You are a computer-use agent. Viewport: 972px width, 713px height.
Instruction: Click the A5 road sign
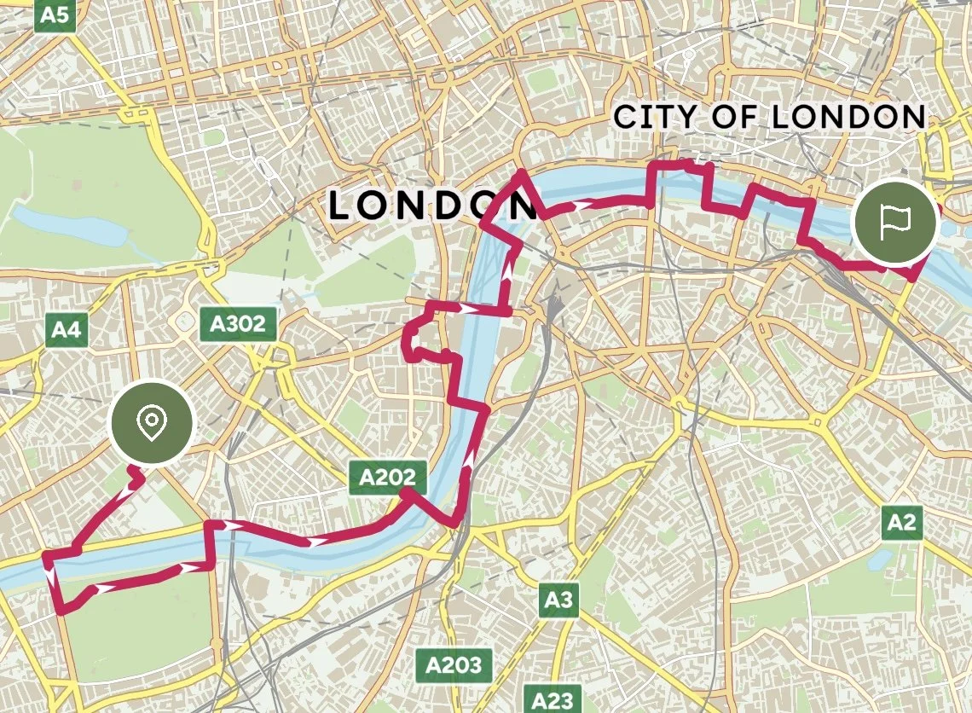[x=53, y=15]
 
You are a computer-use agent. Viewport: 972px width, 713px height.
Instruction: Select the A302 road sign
[x=238, y=323]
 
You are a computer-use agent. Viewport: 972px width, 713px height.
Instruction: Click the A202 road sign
[x=387, y=478]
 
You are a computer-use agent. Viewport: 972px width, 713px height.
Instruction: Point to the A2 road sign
[x=902, y=522]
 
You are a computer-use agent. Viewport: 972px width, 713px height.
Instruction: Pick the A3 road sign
[x=558, y=600]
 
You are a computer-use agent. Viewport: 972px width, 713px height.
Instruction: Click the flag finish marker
[x=894, y=223]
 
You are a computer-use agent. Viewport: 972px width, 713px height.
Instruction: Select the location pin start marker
[x=153, y=421]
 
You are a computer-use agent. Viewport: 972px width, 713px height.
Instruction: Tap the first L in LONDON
[x=340, y=206]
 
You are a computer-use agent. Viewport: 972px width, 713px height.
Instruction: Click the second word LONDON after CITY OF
[x=848, y=117]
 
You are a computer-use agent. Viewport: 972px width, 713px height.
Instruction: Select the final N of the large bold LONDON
[x=516, y=206]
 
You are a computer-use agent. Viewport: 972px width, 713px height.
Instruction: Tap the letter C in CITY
[x=626, y=117]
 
